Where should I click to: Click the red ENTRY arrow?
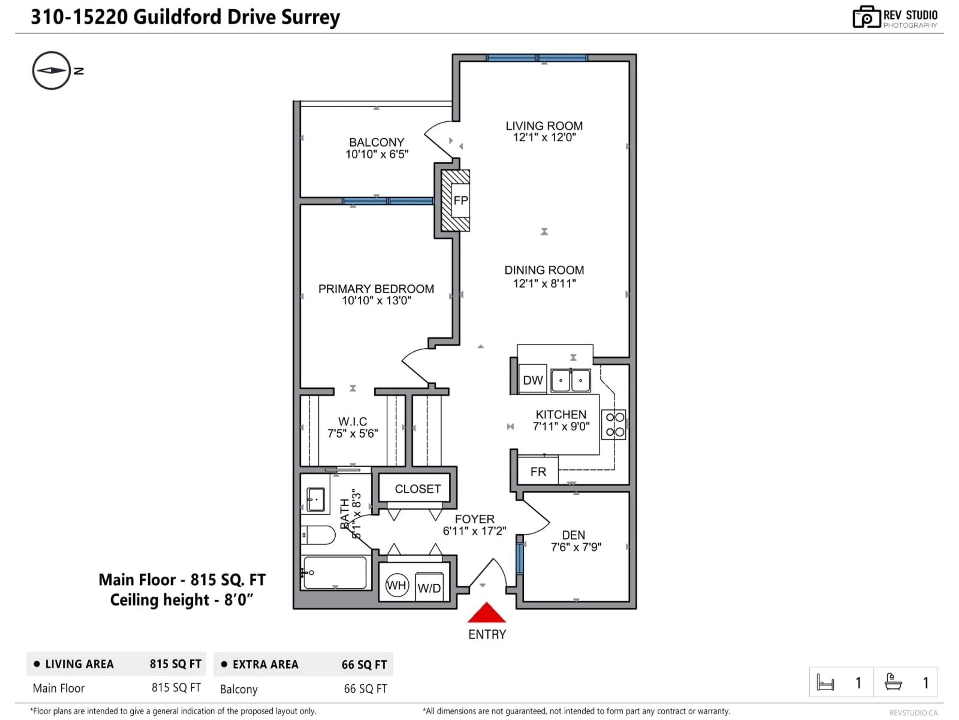486,613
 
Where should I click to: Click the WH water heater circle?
397,585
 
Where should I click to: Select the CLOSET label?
418,489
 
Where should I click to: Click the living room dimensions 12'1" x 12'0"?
544,137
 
